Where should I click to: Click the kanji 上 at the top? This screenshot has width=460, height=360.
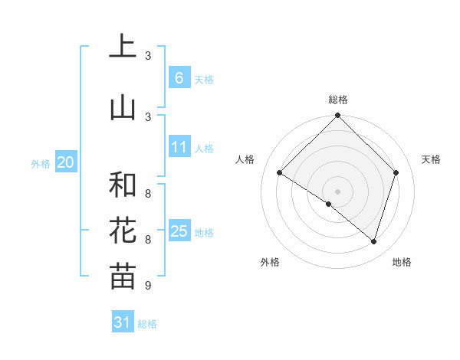(x=123, y=47)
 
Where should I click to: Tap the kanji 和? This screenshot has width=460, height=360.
(x=123, y=185)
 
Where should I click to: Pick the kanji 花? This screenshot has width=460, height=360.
(x=123, y=231)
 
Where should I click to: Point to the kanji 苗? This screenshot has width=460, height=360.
(x=123, y=277)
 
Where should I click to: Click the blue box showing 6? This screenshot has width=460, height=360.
(x=179, y=78)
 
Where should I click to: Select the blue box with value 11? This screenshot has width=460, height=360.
(x=179, y=147)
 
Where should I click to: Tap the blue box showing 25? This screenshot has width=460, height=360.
(x=179, y=231)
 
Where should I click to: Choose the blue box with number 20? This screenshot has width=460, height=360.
(x=65, y=162)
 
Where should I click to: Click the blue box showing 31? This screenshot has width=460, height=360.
(x=123, y=322)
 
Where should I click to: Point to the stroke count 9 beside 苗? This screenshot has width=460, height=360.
(x=148, y=286)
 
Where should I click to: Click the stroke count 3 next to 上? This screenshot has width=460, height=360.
(x=148, y=56)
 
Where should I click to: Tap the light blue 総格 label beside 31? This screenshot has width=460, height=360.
(x=147, y=324)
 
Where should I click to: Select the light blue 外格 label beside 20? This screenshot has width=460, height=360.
(x=41, y=163)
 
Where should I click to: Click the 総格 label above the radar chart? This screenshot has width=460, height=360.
(x=338, y=100)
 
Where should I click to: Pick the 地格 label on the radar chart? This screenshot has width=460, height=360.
(x=402, y=262)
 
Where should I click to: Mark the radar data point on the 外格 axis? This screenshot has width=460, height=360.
(x=329, y=205)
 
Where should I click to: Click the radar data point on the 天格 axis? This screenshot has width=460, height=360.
(x=396, y=172)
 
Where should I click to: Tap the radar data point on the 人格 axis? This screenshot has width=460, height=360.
(x=280, y=173)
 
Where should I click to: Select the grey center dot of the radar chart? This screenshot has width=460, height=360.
(x=338, y=191)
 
